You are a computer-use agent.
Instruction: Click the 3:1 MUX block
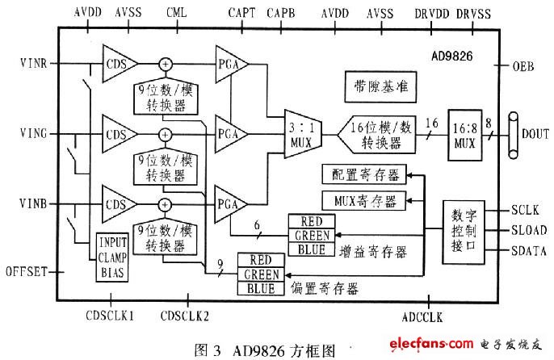click(303, 134)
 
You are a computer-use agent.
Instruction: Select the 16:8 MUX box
click(465, 136)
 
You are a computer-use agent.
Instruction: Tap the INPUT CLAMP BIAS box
click(112, 257)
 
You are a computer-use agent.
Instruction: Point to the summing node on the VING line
click(165, 134)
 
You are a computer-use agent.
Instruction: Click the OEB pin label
click(523, 66)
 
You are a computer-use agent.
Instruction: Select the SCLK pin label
click(525, 210)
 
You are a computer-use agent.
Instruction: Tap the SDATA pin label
click(528, 251)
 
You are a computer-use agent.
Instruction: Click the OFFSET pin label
click(27, 272)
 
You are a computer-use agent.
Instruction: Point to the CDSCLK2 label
click(185, 316)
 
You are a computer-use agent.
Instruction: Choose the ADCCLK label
click(422, 317)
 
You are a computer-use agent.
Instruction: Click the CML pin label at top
click(176, 13)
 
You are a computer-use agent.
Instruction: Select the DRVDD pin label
click(432, 14)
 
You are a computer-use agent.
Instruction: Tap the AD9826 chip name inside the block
click(452, 56)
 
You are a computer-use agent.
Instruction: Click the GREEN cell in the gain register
click(312, 235)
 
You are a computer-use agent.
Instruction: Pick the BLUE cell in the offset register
click(261, 288)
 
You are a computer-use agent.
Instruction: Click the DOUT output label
click(535, 134)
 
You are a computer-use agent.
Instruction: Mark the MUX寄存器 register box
click(364, 201)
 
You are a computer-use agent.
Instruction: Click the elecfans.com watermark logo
click(431, 343)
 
